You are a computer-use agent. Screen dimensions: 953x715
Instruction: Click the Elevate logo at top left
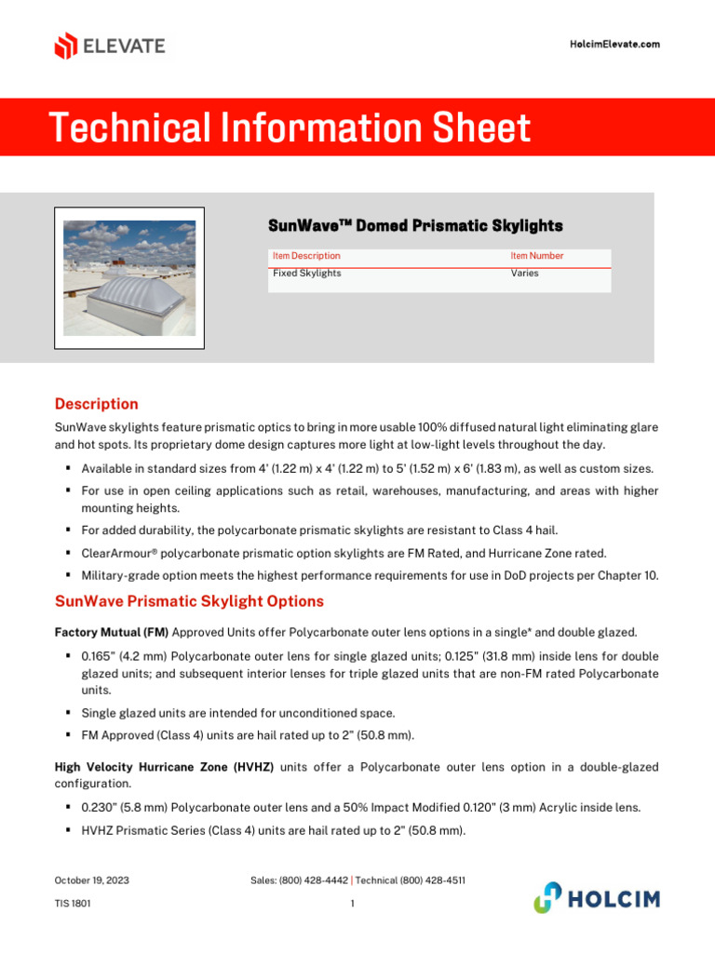point(110,46)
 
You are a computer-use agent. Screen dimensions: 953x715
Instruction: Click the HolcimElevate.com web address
point(614,45)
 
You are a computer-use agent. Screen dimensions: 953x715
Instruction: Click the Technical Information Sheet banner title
point(290,128)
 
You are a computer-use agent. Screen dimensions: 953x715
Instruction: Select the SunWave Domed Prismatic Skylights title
point(415,226)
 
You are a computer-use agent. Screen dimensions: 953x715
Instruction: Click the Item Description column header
point(306,256)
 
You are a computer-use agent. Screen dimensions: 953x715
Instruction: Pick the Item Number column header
point(536,256)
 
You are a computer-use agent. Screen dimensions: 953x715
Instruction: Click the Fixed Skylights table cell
point(306,274)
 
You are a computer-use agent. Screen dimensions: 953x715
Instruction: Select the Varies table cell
point(524,274)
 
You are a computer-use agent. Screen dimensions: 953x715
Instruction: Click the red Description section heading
point(96,404)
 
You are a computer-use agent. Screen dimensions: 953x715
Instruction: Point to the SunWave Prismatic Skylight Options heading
point(189,601)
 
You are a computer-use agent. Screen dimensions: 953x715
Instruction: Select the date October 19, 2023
point(91,880)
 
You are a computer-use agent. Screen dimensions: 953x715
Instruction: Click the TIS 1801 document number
point(73,903)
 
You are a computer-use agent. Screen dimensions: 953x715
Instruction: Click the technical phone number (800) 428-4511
point(433,880)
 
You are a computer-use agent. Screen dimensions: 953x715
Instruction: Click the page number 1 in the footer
point(353,903)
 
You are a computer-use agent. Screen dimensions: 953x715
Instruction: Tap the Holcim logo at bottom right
point(596,898)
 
